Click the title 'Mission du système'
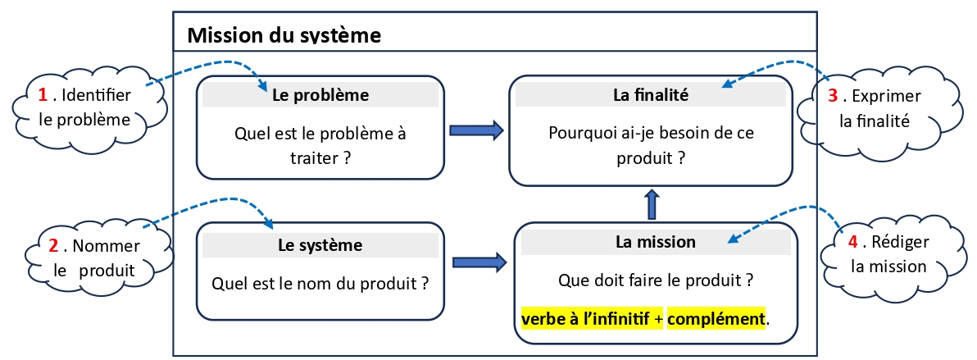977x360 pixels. (x=284, y=35)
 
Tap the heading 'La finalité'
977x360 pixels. (x=651, y=95)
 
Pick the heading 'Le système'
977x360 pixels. (x=320, y=244)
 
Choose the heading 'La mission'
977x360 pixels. (x=656, y=241)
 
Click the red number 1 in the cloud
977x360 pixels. (x=43, y=95)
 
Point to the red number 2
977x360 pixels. (x=53, y=246)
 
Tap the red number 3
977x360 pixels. (x=833, y=96)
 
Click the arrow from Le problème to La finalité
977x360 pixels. (x=476, y=130)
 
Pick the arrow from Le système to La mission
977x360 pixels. (x=479, y=262)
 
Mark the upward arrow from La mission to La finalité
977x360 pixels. (x=651, y=205)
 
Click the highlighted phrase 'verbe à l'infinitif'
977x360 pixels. (x=592, y=319)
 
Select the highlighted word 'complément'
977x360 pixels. (x=716, y=319)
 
